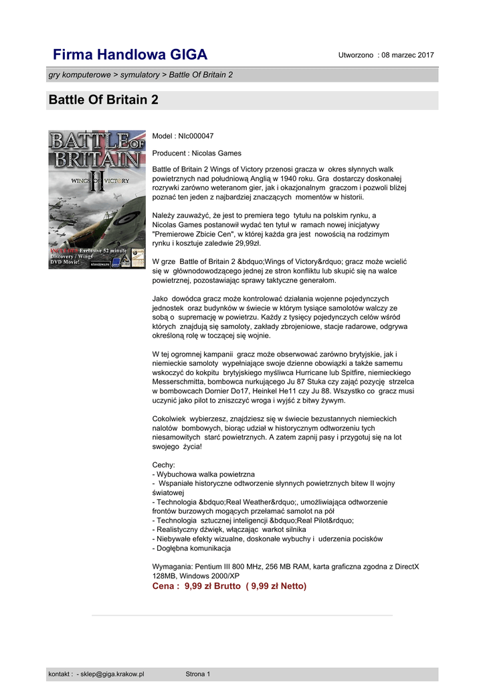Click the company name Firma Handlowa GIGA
[x=130, y=54]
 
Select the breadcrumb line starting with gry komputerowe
[x=140, y=74]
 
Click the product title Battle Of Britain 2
[x=103, y=100]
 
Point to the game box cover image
[x=96, y=199]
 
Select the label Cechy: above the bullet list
[x=164, y=464]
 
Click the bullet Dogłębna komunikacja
[x=193, y=548]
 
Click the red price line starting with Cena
[x=229, y=586]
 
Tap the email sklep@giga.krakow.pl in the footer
[x=112, y=674]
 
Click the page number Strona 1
[x=198, y=674]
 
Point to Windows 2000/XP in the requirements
[x=207, y=575]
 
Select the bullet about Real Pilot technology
[x=254, y=520]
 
